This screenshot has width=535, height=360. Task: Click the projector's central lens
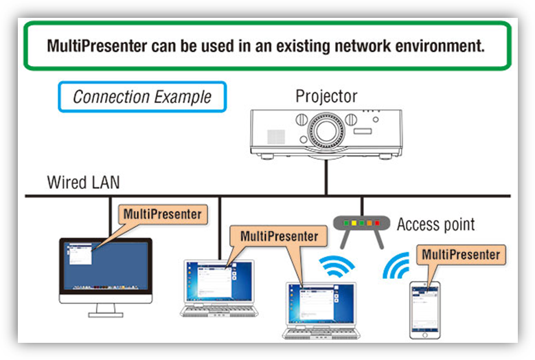(x=326, y=131)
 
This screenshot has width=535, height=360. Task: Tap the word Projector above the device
(x=326, y=96)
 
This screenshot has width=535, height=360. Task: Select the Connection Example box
(x=142, y=97)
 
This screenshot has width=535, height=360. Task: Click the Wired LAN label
(x=84, y=182)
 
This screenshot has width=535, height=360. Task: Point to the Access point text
(x=435, y=224)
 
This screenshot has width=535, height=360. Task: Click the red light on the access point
(x=377, y=223)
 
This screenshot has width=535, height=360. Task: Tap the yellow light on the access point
(x=354, y=223)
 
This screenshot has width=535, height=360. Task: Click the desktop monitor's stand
(x=106, y=310)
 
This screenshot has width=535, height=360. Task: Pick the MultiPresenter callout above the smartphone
(x=461, y=255)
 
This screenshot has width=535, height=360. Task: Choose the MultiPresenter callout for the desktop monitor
(x=163, y=214)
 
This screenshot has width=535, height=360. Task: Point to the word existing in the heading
(x=303, y=47)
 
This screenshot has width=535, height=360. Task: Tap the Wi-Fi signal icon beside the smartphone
(x=396, y=265)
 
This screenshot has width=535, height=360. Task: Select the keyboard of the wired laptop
(x=219, y=310)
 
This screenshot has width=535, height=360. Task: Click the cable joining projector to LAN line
(x=326, y=177)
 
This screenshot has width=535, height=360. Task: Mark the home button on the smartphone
(x=425, y=335)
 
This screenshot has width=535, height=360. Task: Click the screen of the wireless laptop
(x=321, y=304)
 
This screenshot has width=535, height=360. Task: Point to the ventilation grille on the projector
(x=276, y=137)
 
